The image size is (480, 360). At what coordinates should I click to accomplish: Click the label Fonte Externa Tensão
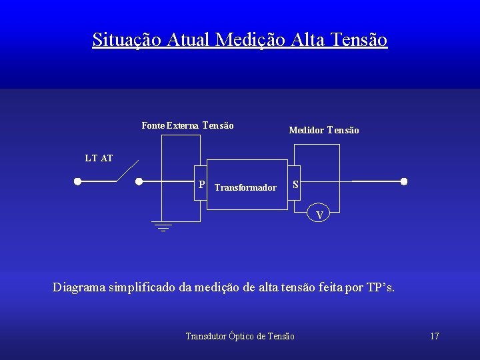pyautogui.click(x=187, y=125)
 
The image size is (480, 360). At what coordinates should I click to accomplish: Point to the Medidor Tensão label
pyautogui.click(x=323, y=131)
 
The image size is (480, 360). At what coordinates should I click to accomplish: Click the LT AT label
pyautogui.click(x=99, y=159)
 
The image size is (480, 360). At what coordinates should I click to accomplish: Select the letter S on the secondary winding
pyautogui.click(x=295, y=185)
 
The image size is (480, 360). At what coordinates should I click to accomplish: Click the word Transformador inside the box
pyautogui.click(x=245, y=188)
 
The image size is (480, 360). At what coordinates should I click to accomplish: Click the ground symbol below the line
pyautogui.click(x=162, y=226)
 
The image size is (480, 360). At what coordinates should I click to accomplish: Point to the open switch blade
pyautogui.click(x=127, y=171)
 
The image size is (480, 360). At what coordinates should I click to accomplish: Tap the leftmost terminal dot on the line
pyautogui.click(x=77, y=181)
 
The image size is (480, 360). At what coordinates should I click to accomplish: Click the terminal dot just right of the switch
pyautogui.click(x=139, y=181)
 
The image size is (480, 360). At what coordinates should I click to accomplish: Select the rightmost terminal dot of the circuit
pyautogui.click(x=403, y=181)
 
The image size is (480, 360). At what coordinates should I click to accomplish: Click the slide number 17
pyautogui.click(x=434, y=336)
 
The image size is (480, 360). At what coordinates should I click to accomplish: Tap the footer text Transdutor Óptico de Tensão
pyautogui.click(x=240, y=336)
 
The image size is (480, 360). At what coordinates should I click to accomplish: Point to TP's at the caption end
pyautogui.click(x=380, y=288)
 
